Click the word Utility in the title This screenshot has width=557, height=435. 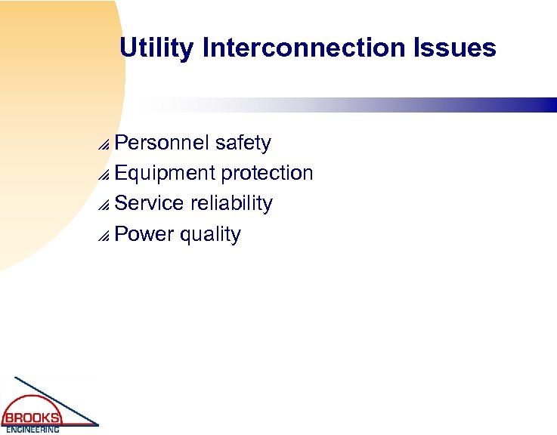tap(157, 48)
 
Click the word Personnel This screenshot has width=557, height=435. tap(162, 143)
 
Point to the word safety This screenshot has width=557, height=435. tap(243, 143)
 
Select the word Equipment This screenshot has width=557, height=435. tap(165, 173)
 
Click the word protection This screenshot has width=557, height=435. tap(267, 173)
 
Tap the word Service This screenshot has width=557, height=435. tap(150, 203)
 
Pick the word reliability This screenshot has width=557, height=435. tap(231, 203)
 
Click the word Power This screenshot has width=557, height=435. tap(144, 234)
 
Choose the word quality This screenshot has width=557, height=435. tap(210, 234)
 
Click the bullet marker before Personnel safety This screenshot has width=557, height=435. tap(105, 145)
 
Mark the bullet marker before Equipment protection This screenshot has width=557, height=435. tap(105, 175)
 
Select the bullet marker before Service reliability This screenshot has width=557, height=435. tap(105, 205)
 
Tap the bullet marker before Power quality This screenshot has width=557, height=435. tap(105, 236)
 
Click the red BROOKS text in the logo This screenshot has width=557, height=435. tap(32, 418)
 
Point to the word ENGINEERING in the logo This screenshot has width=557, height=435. tap(32, 430)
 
